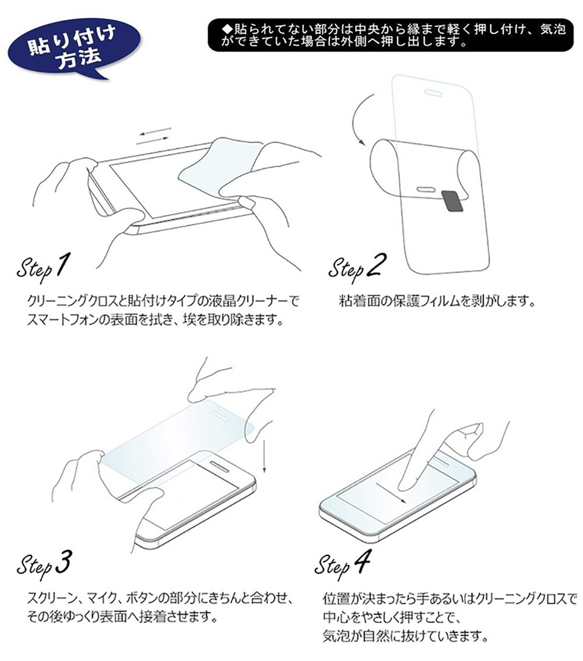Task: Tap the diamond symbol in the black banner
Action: (227, 29)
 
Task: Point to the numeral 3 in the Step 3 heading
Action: (62, 562)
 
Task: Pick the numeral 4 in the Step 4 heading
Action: (361, 562)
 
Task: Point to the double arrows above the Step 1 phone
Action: (154, 136)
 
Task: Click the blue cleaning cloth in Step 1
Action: (219, 167)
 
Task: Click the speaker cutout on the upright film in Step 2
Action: (433, 93)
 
